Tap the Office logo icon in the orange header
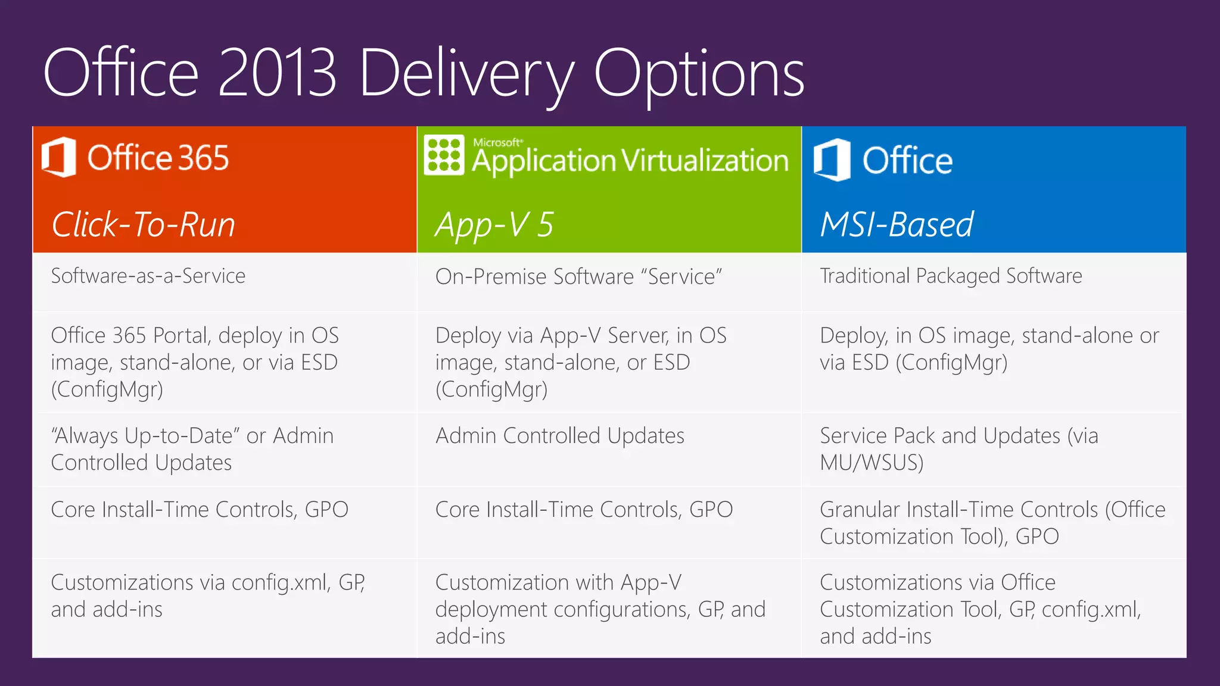(59, 157)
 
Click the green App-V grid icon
(443, 155)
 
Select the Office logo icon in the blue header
(832, 160)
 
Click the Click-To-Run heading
(143, 225)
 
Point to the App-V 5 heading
(494, 225)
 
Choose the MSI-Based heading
(897, 225)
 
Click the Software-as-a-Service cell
(148, 276)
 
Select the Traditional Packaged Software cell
(951, 276)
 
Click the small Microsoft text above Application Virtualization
(497, 142)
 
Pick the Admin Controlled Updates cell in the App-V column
(559, 436)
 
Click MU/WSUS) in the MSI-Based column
(871, 463)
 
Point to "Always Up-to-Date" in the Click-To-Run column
(145, 436)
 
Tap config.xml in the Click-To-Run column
(281, 582)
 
